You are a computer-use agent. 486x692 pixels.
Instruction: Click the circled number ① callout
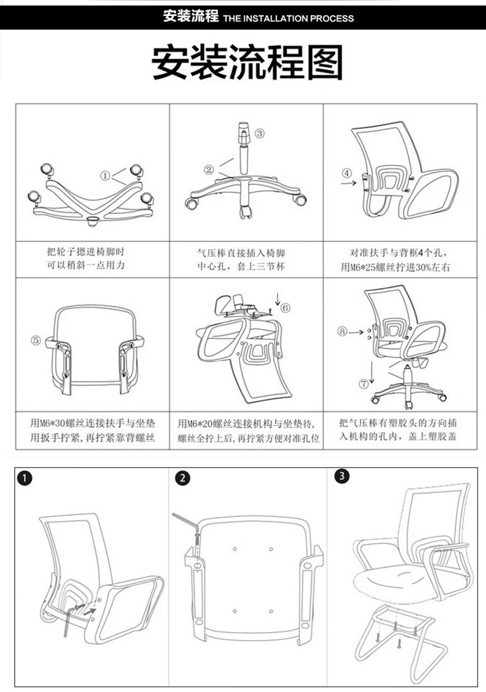[105, 176]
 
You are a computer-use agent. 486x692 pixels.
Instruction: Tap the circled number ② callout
[209, 169]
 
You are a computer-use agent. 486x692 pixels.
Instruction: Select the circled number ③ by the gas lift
[260, 133]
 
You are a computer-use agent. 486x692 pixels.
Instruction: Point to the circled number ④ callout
[348, 173]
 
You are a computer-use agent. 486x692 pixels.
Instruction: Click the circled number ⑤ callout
[36, 340]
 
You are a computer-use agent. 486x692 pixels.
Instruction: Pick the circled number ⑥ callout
[285, 308]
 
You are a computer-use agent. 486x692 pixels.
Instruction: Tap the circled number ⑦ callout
[364, 384]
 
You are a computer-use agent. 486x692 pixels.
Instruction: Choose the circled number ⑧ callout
[342, 331]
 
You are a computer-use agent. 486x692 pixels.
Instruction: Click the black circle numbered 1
[25, 478]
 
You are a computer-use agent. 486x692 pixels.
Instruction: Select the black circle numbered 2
[182, 478]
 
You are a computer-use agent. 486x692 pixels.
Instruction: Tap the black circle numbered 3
[342, 476]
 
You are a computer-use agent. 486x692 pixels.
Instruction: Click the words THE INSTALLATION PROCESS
[288, 18]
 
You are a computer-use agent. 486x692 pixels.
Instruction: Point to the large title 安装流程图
[247, 62]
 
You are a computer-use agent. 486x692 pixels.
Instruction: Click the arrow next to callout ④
[349, 182]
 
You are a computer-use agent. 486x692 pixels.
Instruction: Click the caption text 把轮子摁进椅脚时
[86, 252]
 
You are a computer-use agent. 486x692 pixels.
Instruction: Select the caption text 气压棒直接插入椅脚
[241, 253]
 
